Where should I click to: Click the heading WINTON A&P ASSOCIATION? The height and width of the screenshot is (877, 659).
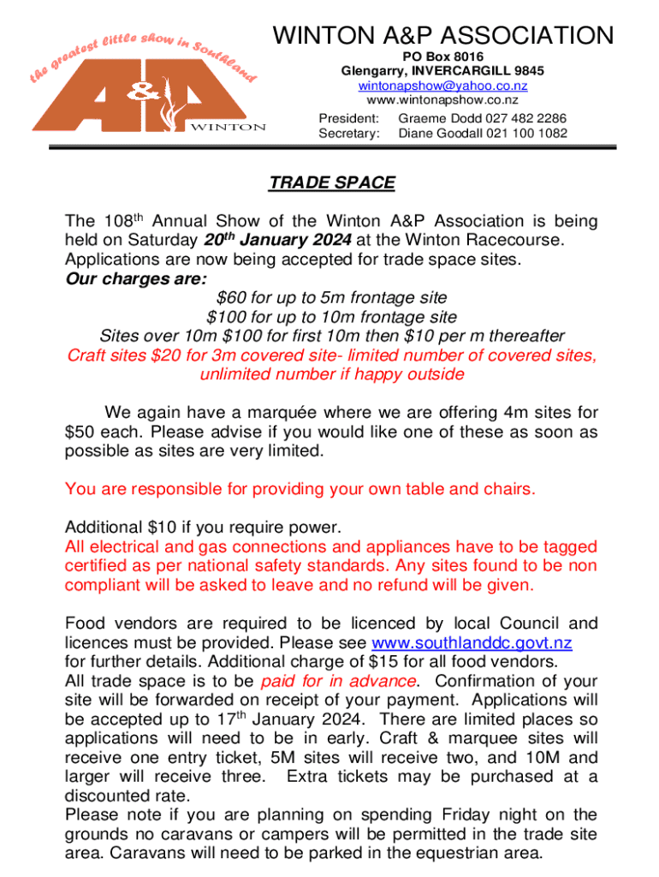pyautogui.click(x=442, y=36)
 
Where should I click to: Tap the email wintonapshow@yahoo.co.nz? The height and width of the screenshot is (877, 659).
pyautogui.click(x=442, y=86)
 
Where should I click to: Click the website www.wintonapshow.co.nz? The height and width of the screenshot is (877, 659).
pyautogui.click(x=442, y=100)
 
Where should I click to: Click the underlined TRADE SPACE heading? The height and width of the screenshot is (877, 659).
pyautogui.click(x=332, y=182)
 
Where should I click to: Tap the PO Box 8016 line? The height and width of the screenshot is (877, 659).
pyautogui.click(x=442, y=56)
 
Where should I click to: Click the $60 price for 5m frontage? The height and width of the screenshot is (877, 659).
pyautogui.click(x=231, y=298)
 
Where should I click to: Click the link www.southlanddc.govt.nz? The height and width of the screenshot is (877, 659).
pyautogui.click(x=472, y=642)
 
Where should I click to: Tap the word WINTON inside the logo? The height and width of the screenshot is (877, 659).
pyautogui.click(x=227, y=127)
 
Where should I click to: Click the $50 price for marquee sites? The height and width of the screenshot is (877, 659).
pyautogui.click(x=81, y=432)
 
